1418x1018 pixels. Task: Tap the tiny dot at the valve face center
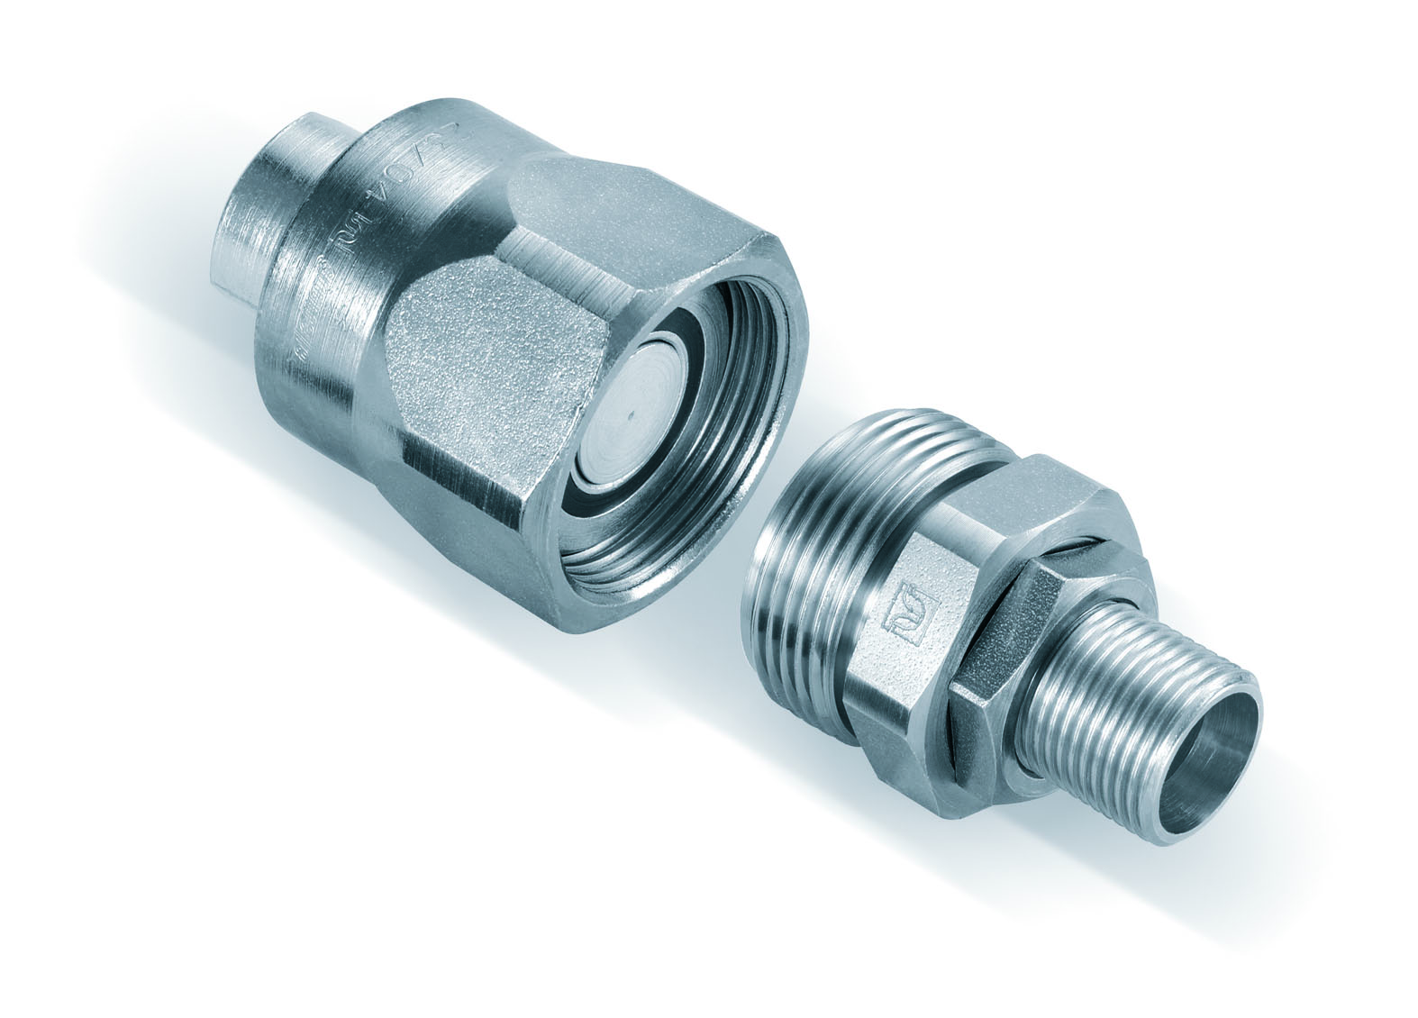630,413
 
